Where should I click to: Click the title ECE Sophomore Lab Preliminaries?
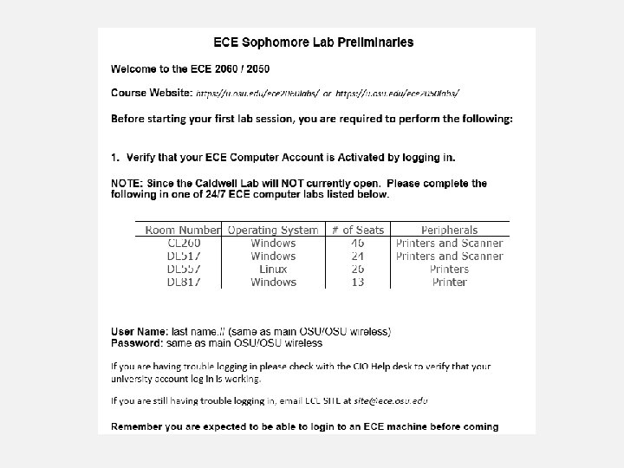(x=313, y=42)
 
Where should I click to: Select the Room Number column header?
(x=183, y=230)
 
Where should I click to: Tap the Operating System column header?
(x=273, y=230)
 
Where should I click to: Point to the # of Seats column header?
(x=357, y=230)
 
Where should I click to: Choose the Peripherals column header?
(x=449, y=230)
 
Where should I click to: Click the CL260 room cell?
(x=183, y=244)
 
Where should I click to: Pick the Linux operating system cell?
(x=273, y=270)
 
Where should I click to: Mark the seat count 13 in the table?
(x=357, y=283)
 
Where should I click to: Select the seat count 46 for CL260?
(x=357, y=244)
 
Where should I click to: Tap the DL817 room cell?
(x=183, y=283)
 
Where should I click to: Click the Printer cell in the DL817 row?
(x=449, y=283)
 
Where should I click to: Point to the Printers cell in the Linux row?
(x=449, y=270)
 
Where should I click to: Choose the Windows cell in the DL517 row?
(x=273, y=257)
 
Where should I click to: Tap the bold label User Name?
(x=140, y=332)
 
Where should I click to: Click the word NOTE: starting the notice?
(x=128, y=184)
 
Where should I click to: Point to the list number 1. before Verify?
(x=115, y=157)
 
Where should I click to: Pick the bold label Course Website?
(x=151, y=92)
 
